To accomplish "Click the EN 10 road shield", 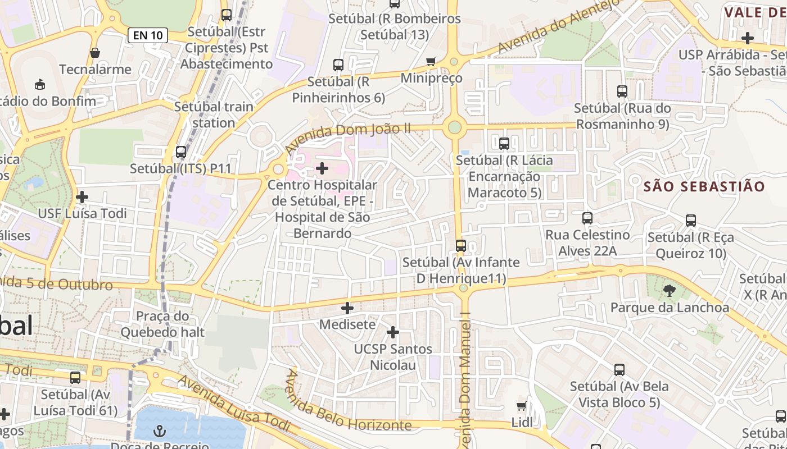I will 148,35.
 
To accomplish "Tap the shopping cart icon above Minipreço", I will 431,61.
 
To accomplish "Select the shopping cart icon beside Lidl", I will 522,406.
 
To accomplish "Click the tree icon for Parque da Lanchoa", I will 669,290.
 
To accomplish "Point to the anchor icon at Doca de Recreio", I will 160,431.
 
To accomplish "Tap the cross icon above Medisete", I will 347,308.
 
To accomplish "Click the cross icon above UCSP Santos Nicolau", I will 393,332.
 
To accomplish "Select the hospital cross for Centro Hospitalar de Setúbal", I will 322,168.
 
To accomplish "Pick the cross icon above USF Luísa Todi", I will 82,197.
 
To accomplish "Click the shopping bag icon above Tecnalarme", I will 95,53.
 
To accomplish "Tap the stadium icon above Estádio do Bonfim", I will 39,85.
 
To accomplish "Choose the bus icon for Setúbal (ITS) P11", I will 180,152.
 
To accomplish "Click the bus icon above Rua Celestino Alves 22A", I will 587,218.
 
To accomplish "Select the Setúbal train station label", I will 214,114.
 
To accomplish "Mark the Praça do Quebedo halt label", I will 162,324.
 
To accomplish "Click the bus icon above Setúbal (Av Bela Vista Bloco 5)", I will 619,369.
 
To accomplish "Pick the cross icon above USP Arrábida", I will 748,38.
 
